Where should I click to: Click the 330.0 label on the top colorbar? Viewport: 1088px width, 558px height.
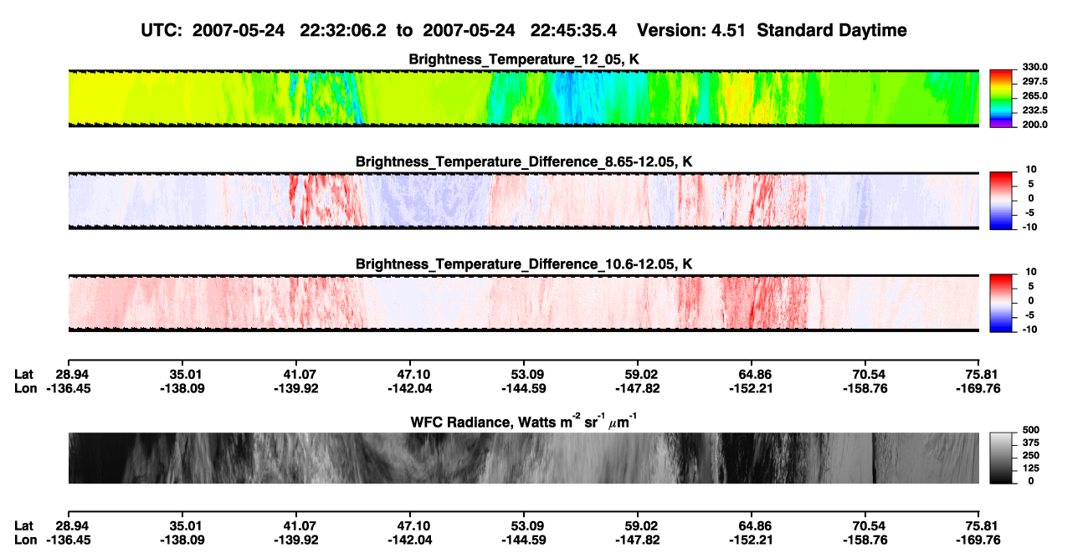pyautogui.click(x=1034, y=67)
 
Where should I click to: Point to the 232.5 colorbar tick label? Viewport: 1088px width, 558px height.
pyautogui.click(x=1034, y=110)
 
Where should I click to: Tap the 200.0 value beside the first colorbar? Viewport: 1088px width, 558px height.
pyautogui.click(x=1034, y=125)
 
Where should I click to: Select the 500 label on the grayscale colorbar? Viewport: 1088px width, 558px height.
pyautogui.click(x=1031, y=430)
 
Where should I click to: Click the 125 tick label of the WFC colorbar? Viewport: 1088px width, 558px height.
pyautogui.click(x=1031, y=468)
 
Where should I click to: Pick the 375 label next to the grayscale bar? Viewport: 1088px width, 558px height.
pyautogui.click(x=1031, y=443)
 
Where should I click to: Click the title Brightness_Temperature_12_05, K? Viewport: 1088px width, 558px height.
pyautogui.click(x=524, y=59)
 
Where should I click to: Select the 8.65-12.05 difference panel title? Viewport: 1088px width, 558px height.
pyautogui.click(x=524, y=161)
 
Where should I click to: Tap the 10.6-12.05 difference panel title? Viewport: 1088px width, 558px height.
pyautogui.click(x=524, y=264)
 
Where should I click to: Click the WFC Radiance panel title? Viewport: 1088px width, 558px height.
pyautogui.click(x=524, y=421)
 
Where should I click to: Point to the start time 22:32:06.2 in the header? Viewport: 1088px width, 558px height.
pyautogui.click(x=343, y=30)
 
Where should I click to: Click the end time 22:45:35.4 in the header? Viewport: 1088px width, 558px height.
pyautogui.click(x=573, y=30)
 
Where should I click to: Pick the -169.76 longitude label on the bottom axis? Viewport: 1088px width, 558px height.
pyautogui.click(x=978, y=540)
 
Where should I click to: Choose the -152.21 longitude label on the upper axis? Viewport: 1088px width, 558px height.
pyautogui.click(x=751, y=388)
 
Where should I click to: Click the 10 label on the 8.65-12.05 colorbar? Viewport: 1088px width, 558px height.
pyautogui.click(x=1031, y=170)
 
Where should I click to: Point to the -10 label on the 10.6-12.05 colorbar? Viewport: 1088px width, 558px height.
pyautogui.click(x=1029, y=330)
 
